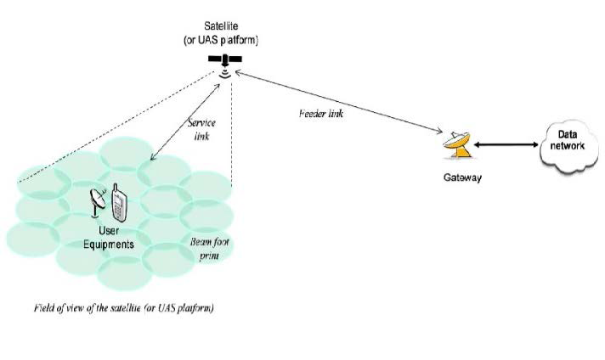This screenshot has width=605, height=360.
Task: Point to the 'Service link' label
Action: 206,130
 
